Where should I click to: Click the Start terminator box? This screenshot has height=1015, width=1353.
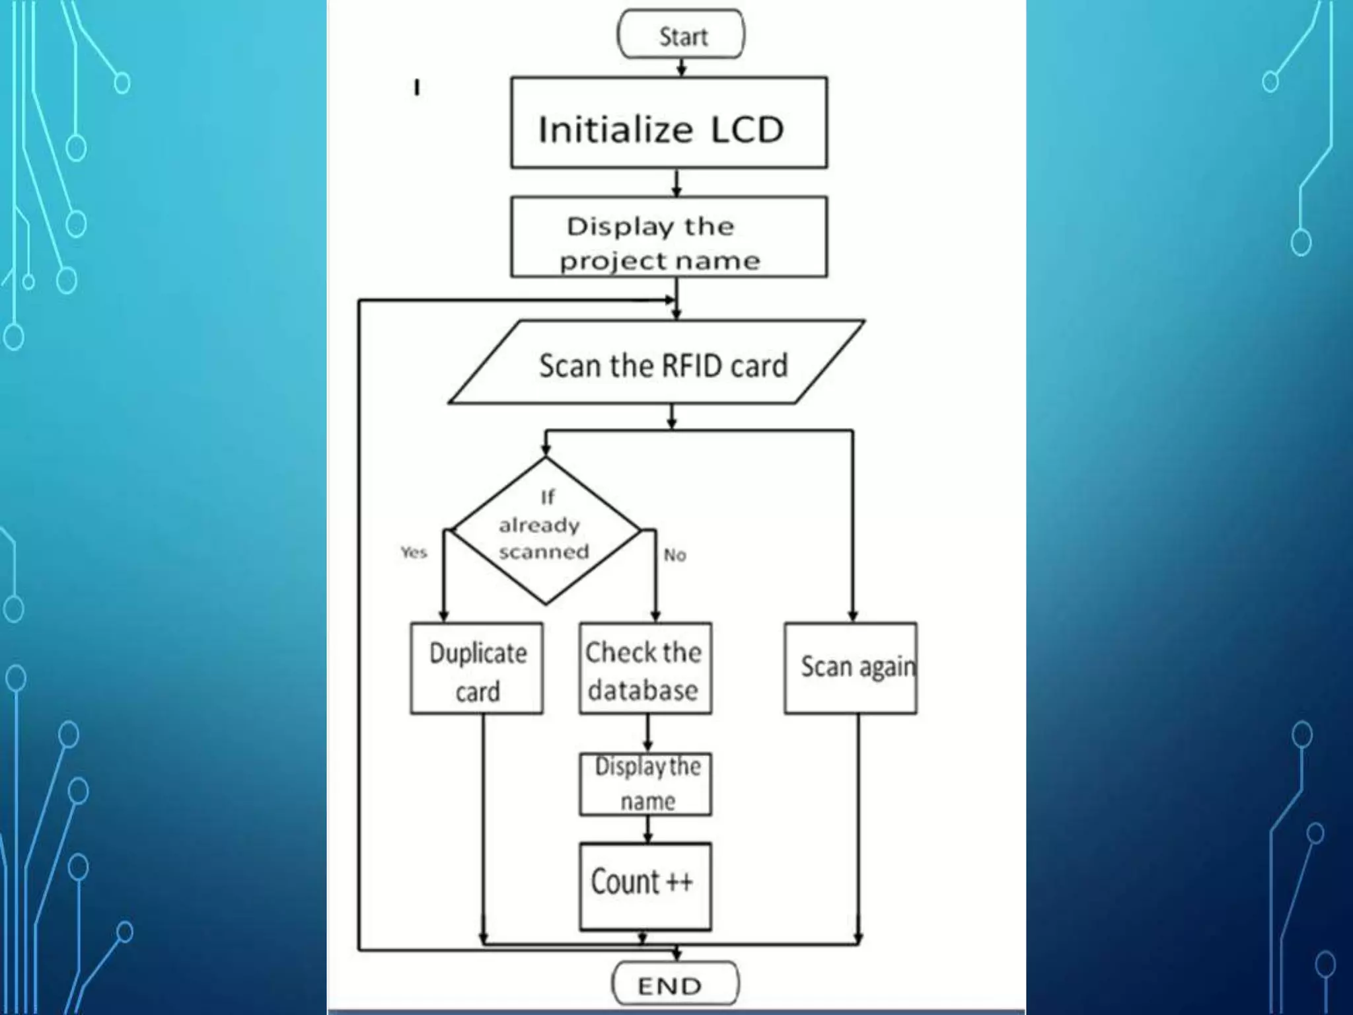pos(681,34)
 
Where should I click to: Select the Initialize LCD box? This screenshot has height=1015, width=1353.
pos(669,124)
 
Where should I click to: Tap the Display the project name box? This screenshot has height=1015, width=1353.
pos(669,237)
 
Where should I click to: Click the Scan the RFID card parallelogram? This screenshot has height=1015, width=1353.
pos(657,363)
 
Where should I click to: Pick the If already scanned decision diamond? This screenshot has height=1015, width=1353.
pos(546,531)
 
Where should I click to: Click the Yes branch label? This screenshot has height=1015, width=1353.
pos(414,552)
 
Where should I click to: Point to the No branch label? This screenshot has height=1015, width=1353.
pos(675,554)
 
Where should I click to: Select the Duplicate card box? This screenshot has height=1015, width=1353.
pos(477,669)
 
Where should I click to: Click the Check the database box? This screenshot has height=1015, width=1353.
pos(645,669)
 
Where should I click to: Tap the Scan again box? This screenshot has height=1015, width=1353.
pos(851,669)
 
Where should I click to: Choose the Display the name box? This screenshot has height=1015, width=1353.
pos(645,784)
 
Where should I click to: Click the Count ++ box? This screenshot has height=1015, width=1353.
pos(645,886)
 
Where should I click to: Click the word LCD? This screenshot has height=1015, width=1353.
pos(747,130)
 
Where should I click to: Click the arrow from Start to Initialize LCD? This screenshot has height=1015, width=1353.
pos(682,67)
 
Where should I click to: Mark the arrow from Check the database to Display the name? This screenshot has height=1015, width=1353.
pos(647,733)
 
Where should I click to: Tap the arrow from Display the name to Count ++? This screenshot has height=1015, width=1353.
pos(647,829)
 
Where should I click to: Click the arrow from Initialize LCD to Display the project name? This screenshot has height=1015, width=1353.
pos(676,183)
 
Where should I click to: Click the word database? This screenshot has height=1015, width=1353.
pos(643,691)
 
